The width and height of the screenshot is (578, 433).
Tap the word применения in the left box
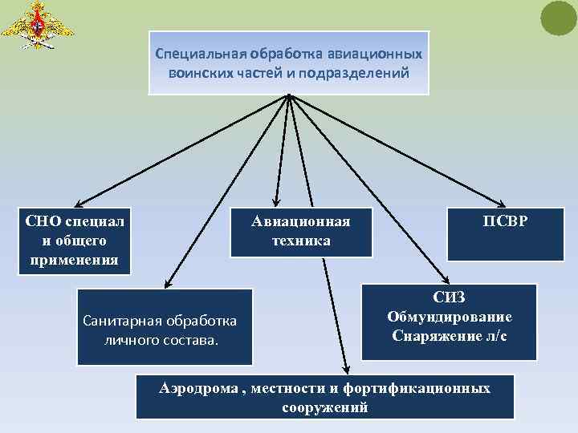[74, 259]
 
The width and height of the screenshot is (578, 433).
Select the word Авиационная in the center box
[300, 222]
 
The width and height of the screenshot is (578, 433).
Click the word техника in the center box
[301, 241]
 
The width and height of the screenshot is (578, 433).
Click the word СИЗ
[450, 297]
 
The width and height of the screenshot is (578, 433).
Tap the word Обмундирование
[450, 317]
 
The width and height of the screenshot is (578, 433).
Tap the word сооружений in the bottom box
[325, 407]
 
